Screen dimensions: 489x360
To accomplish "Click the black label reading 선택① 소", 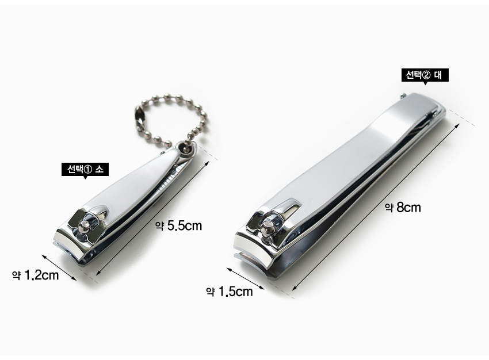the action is (85, 169).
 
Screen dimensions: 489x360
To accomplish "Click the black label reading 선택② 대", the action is (425, 75).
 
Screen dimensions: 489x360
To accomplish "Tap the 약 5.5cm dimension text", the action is (179, 225).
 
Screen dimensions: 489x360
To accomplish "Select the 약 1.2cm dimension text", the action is (35, 275).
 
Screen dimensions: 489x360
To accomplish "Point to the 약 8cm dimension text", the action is (403, 207).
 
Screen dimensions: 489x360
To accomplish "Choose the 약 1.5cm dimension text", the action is (229, 292).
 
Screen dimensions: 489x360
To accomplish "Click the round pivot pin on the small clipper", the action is (84, 227).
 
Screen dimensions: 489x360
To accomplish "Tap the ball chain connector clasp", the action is (141, 115).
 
